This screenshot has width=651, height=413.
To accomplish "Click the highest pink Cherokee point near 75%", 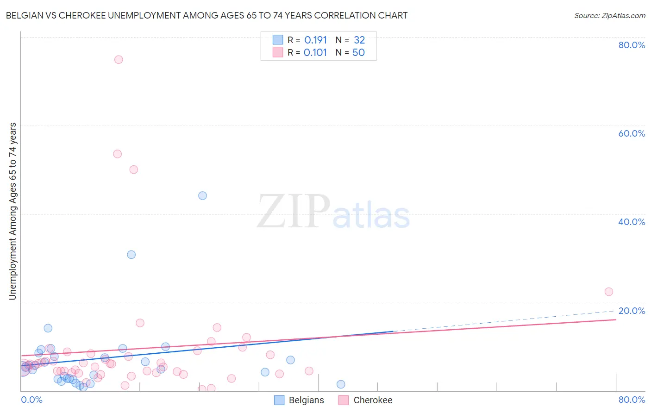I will coord(119,59).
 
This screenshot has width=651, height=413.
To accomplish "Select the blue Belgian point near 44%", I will coord(202,195).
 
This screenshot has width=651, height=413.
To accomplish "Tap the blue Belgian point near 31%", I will coord(131,255).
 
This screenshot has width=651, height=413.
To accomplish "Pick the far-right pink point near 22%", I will coord(609,292).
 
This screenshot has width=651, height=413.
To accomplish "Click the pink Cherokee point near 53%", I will coord(118,154).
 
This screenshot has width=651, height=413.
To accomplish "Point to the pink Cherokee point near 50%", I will coord(134,169).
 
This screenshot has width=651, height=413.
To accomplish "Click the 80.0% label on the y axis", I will coord(632,45).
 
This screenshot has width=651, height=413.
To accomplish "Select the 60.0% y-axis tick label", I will coord(632,133).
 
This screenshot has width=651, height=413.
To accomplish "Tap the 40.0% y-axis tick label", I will coord(632,222).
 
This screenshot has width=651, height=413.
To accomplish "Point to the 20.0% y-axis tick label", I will coord(632,311).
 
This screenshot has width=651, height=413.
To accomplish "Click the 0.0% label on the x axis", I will coord(32,400).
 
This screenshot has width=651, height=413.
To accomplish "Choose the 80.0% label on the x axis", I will coord(632,400).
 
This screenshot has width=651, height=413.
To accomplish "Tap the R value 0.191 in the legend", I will coord(315,40).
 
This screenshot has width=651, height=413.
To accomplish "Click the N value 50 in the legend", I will coord(358,52).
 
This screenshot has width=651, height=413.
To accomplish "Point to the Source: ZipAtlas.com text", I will coord(609,16).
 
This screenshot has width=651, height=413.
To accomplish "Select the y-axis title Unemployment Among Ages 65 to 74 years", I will coord(13,211).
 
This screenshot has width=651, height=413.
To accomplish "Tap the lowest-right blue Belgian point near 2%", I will coord(341,384).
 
